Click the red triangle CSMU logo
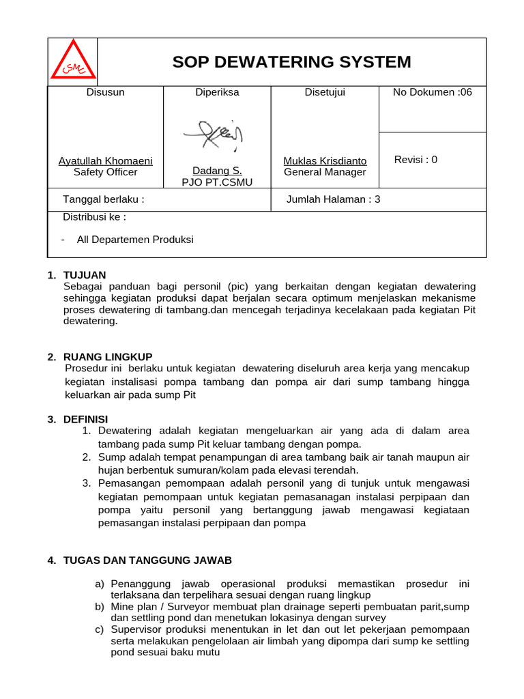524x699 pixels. click(73, 61)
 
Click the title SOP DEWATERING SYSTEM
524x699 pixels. click(291, 62)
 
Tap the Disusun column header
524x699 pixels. click(105, 92)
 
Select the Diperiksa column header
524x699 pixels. click(217, 92)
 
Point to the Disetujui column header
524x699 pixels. click(325, 92)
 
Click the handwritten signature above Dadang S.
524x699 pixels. click(213, 135)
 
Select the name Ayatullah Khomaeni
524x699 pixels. click(105, 161)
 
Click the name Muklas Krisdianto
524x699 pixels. click(325, 161)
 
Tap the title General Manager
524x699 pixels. click(325, 172)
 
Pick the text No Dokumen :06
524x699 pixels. click(432, 92)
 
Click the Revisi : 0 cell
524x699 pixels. click(416, 160)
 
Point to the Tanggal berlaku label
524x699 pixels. click(104, 199)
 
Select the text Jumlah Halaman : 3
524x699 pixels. click(334, 199)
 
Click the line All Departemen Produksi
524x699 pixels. click(135, 240)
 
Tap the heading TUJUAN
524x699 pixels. click(85, 275)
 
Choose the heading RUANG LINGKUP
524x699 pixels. click(108, 357)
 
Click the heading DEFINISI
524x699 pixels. click(85, 418)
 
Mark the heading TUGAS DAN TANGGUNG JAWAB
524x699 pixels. click(147, 560)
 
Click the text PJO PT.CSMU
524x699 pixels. click(217, 182)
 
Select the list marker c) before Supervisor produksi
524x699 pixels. click(100, 629)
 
